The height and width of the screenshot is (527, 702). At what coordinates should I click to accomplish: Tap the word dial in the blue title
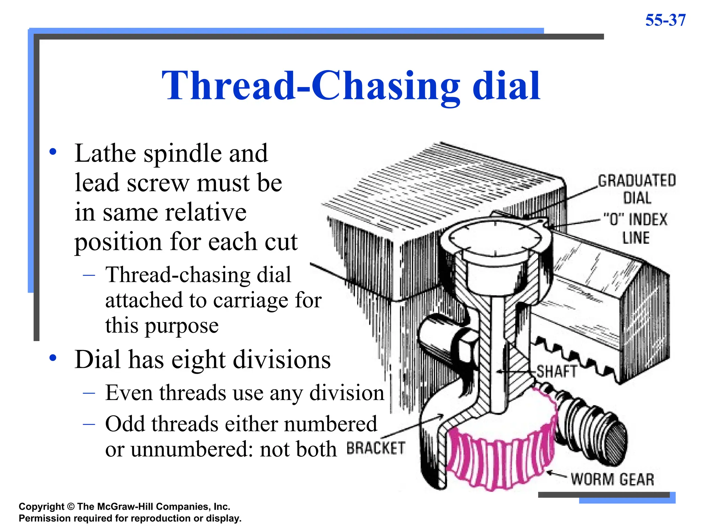[506, 86]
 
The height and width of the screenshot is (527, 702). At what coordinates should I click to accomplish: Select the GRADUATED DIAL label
[637, 189]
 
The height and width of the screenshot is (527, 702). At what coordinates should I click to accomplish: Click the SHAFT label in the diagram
[557, 372]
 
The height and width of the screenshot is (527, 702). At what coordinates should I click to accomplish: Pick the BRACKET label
[376, 448]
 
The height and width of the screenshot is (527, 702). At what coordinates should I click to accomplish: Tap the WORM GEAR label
[612, 479]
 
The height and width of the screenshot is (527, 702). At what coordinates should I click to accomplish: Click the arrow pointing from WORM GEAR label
[557, 475]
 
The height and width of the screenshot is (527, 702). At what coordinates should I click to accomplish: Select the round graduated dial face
[495, 238]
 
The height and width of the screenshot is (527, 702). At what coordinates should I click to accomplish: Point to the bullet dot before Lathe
[52, 152]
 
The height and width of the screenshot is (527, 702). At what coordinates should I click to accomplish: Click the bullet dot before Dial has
[52, 358]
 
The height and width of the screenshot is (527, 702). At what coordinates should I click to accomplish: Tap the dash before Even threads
[89, 393]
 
